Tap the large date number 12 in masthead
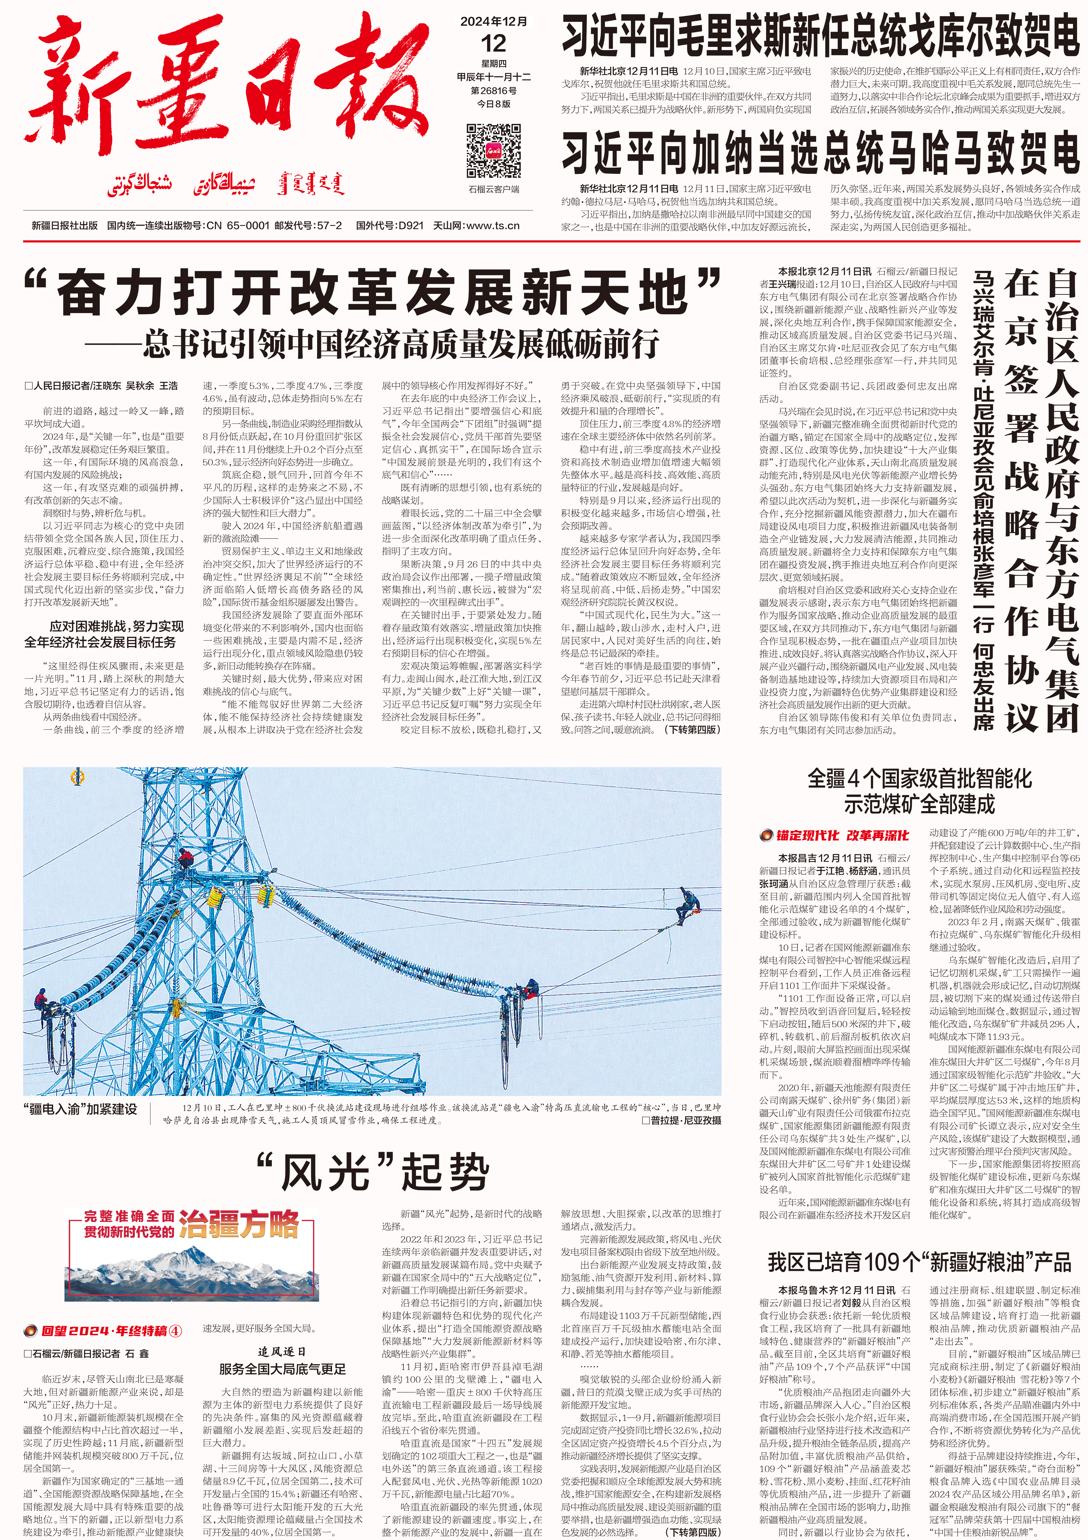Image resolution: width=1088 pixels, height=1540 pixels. coord(494,44)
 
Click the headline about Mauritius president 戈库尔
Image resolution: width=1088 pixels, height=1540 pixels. coord(820,37)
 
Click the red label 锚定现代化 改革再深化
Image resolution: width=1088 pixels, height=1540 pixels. coord(834,835)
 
